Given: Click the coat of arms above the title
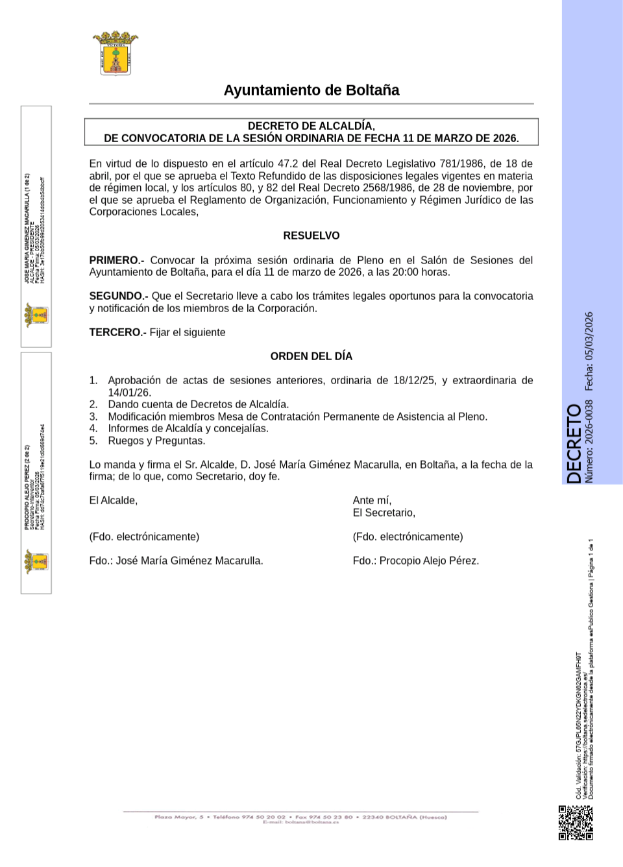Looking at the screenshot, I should pos(116,53).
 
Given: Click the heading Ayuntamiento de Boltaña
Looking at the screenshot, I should pos(311,90).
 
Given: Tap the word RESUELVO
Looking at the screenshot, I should pos(311,236).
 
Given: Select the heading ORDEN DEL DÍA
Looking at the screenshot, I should pos(311,356).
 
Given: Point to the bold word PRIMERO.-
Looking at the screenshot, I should pos(117,260).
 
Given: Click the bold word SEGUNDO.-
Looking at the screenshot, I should pos(119,296).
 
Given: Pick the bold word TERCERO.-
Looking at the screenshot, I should pos(117,332).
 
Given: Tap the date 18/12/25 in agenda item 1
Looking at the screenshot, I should pos(414,380).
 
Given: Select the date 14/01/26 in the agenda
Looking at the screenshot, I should pos(129,393).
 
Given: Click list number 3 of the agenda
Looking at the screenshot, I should pos(93,417).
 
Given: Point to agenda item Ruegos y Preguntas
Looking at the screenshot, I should pos(156,441).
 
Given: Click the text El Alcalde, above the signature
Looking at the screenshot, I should pos(114,500).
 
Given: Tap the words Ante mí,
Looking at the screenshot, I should pos(372,500).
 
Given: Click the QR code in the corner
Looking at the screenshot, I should pos(576,823).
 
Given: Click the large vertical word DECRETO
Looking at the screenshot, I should pos(574,444).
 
